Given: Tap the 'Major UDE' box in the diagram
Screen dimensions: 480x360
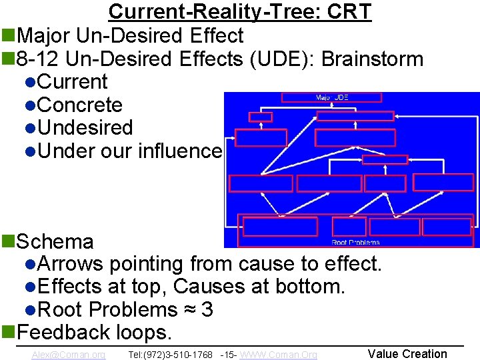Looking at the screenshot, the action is tap(331, 97).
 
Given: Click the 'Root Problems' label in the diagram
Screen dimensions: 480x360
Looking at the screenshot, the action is tap(355, 242).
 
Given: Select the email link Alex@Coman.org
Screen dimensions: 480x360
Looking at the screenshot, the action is tap(68, 355).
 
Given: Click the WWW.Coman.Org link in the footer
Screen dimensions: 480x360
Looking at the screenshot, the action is tap(278, 355).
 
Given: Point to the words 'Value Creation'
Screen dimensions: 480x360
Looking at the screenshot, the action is tap(407, 354).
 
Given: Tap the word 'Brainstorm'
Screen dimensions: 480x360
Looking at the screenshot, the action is tap(372, 59).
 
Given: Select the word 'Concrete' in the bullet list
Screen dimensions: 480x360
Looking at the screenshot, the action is tap(80, 105).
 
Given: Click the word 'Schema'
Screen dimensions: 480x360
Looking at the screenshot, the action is tap(55, 241).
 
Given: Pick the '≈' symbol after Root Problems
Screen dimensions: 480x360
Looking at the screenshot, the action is tap(189, 309).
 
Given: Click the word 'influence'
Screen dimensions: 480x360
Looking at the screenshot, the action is tap(179, 151).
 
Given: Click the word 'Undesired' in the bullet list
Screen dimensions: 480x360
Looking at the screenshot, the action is tap(85, 127).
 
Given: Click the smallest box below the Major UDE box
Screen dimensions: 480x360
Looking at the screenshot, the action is tap(260, 117).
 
